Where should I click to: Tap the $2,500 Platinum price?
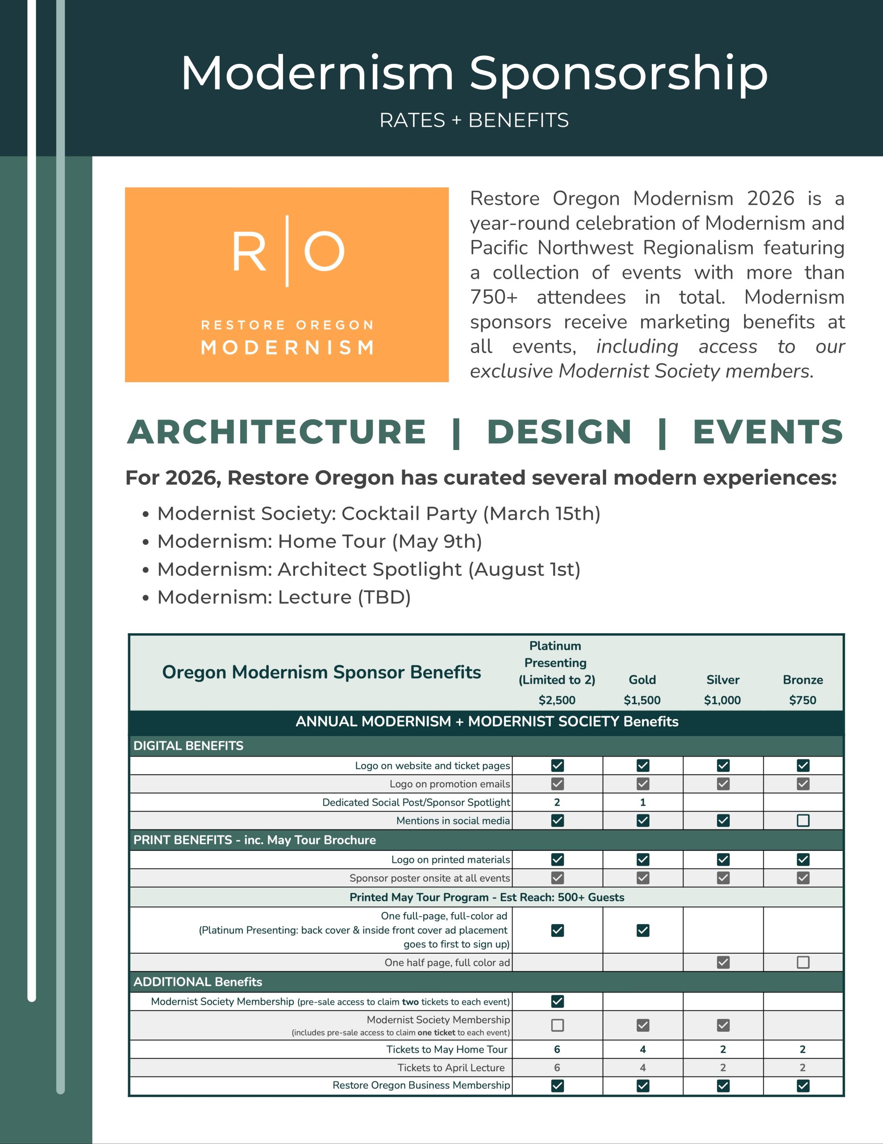pyautogui.click(x=557, y=700)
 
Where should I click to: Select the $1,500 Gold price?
pyautogui.click(x=642, y=700)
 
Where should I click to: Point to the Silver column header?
pyautogui.click(x=723, y=679)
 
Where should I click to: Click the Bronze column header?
pyautogui.click(x=803, y=679)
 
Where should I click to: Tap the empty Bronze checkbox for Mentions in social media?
pyautogui.click(x=803, y=820)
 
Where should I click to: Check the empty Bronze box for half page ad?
pyautogui.click(x=803, y=962)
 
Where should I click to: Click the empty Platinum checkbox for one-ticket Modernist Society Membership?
pyautogui.click(x=558, y=1025)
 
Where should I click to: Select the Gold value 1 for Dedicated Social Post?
pyautogui.click(x=643, y=802)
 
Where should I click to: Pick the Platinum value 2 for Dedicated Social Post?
pyautogui.click(x=557, y=802)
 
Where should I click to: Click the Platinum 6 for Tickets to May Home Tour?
pyautogui.click(x=557, y=1049)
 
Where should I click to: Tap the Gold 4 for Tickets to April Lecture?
pyautogui.click(x=643, y=1068)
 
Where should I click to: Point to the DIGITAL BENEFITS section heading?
pyautogui.click(x=188, y=745)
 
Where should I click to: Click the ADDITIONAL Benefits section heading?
pyautogui.click(x=198, y=982)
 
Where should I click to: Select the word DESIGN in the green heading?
pyautogui.click(x=559, y=432)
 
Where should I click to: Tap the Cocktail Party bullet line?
pyautogui.click(x=379, y=513)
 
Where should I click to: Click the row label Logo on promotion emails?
pyautogui.click(x=449, y=784)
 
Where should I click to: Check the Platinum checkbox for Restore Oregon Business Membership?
pyautogui.click(x=558, y=1086)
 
